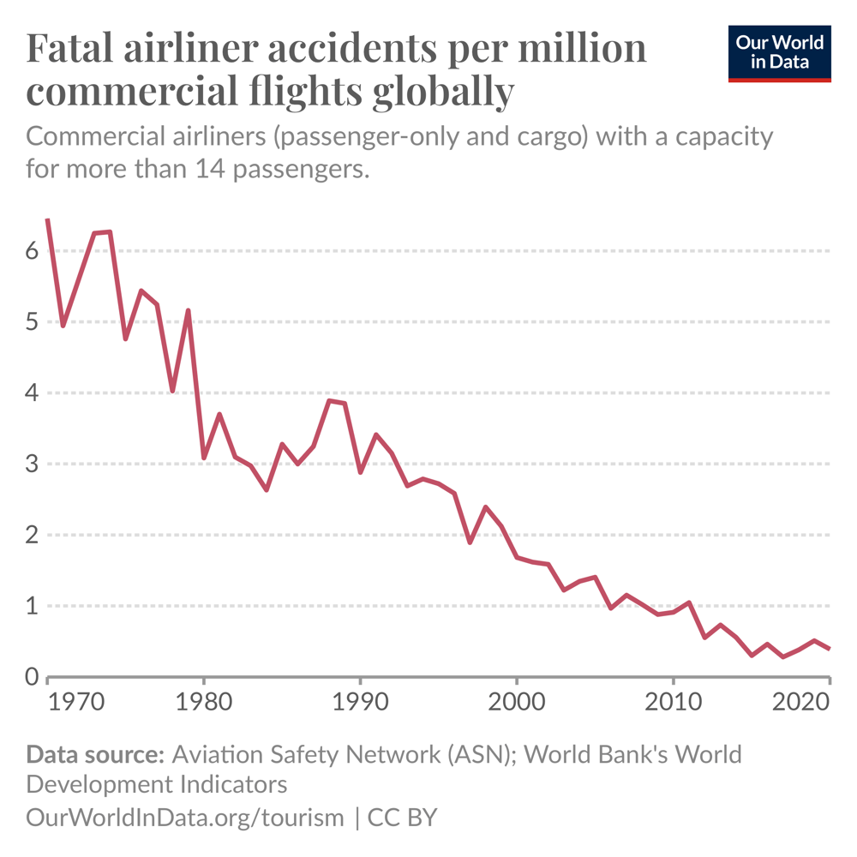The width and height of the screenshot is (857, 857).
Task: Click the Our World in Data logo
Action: click(779, 53)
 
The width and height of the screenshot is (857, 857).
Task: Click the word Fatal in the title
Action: click(74, 49)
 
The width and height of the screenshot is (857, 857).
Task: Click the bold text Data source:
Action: click(94, 755)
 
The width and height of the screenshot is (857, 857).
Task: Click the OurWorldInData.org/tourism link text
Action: click(185, 817)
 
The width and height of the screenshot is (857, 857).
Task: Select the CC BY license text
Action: click(402, 817)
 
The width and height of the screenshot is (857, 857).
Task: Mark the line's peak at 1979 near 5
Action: click(188, 310)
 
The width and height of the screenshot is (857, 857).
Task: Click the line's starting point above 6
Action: click(47, 219)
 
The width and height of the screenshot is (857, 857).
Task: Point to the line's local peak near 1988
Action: click(329, 400)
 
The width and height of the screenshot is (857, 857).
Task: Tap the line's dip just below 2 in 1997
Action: click(470, 542)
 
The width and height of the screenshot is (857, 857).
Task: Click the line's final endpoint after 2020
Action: click(830, 649)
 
